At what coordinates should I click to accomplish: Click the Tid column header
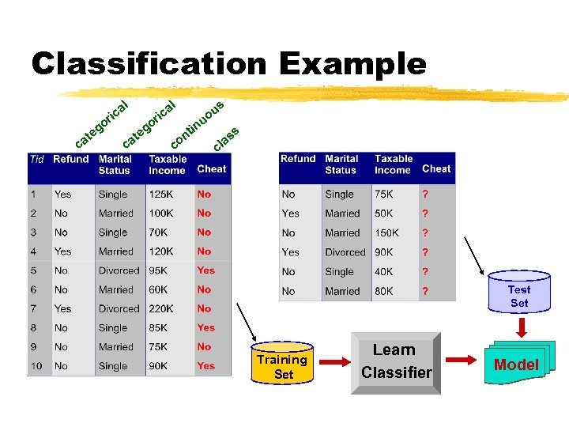[x=37, y=159]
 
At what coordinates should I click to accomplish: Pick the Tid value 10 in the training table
[x=37, y=366]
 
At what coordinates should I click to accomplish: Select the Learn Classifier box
[x=394, y=361]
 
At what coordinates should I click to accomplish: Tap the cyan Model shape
[x=516, y=364]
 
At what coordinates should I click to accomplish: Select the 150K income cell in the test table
[x=387, y=233]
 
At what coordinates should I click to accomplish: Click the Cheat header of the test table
[x=436, y=168]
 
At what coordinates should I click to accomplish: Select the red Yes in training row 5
[x=205, y=270]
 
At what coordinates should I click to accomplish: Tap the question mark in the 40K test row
[x=425, y=271]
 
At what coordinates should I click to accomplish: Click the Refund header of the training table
[x=71, y=159]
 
